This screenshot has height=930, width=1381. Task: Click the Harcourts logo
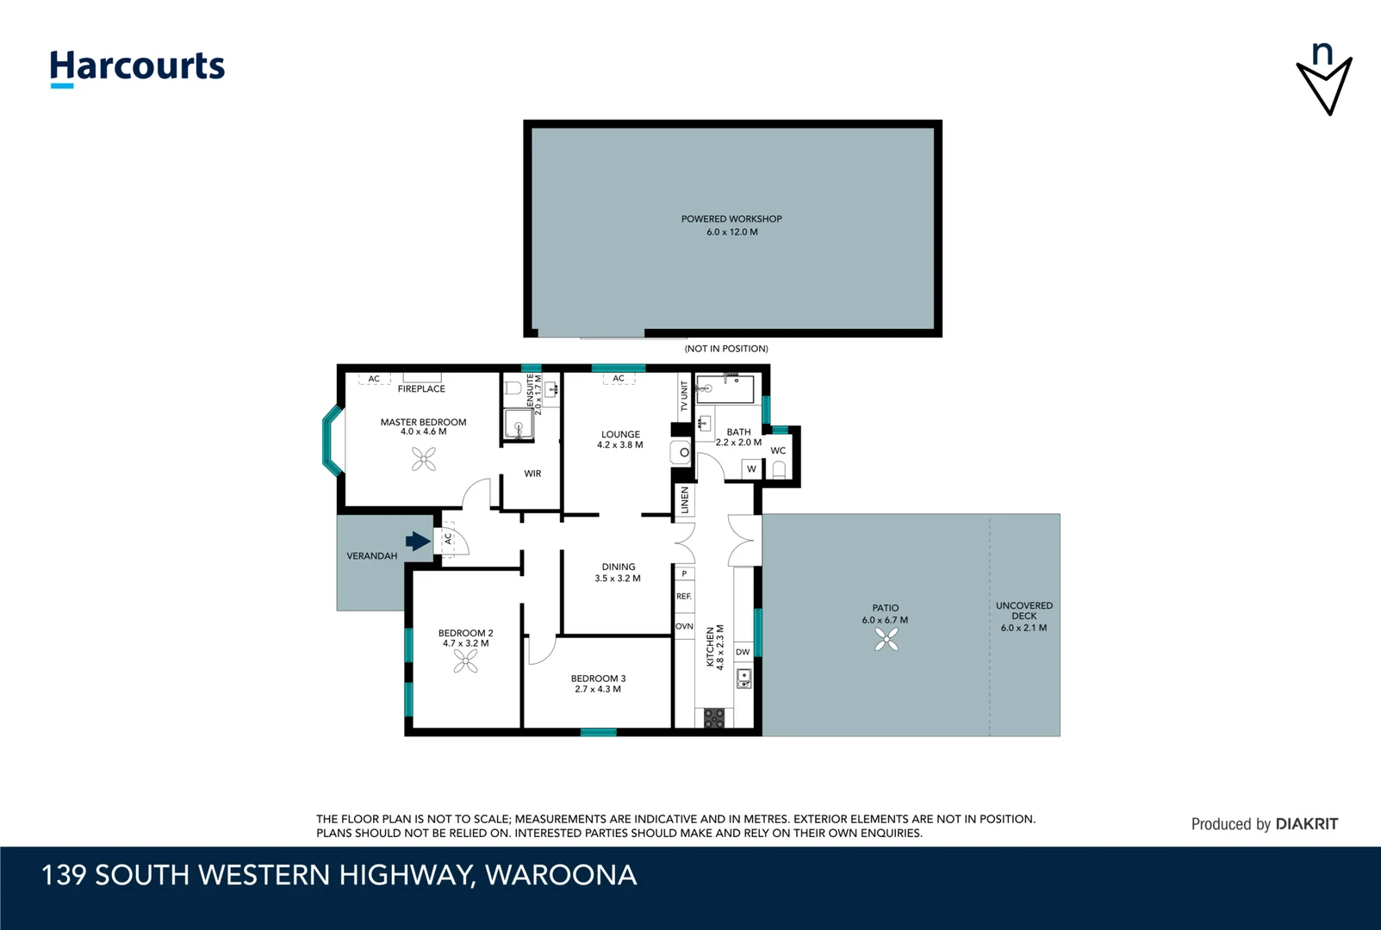[x=137, y=67]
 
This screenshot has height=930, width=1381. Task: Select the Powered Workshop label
[x=731, y=219]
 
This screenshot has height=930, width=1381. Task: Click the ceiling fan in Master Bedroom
[x=423, y=460]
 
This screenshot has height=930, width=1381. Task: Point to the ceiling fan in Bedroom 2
[x=465, y=660]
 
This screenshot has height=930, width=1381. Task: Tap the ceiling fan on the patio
[x=886, y=639]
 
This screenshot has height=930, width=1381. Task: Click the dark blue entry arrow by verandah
[x=418, y=541]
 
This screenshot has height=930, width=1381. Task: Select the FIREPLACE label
[x=421, y=389]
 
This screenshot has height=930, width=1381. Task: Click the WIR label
[x=532, y=474]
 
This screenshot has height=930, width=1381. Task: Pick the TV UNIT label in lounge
[x=685, y=396]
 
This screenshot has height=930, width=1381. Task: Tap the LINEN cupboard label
[x=685, y=499]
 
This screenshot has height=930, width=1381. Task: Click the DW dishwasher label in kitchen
[x=743, y=652]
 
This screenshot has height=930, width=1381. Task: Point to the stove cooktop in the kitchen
[x=714, y=717]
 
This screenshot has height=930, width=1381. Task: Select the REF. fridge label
[x=684, y=596]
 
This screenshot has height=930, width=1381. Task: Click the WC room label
[x=778, y=450]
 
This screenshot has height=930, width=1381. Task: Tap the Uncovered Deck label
[x=1023, y=611]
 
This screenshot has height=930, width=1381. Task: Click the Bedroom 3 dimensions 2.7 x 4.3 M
[x=598, y=689]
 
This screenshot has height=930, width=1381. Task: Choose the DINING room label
[x=619, y=567]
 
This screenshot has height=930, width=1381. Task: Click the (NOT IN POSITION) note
[x=726, y=349]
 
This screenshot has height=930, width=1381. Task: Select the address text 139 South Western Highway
[x=339, y=875]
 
